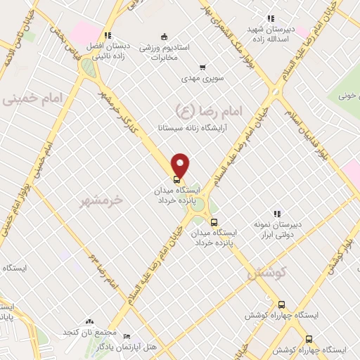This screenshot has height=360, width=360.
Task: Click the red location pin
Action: (181, 165)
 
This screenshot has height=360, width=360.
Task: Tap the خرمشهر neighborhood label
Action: (101, 200)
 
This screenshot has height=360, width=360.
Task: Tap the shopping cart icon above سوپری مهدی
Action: (202, 67)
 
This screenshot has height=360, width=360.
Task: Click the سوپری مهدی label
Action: (202, 79)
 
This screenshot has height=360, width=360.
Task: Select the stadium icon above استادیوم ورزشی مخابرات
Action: (164, 37)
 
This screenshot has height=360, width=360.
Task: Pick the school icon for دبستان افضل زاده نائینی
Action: (107, 34)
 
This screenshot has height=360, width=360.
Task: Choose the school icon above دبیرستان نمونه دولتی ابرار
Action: (277, 213)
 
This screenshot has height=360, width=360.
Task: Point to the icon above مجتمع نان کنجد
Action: (89, 321)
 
